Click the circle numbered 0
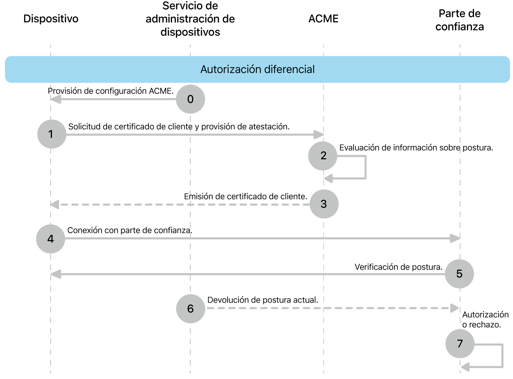click(190, 99)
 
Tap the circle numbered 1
click(52, 134)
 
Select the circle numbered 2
click(323, 156)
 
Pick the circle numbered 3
click(324, 204)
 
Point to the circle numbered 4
click(50, 239)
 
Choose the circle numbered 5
click(459, 274)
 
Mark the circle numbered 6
click(191, 309)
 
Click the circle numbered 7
click(459, 344)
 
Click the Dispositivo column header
click(51, 19)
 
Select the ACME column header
click(323, 19)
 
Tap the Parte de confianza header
click(459, 20)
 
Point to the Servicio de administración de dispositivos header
click(190, 19)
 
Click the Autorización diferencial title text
click(257, 69)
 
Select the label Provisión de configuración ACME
click(111, 91)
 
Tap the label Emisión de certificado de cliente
click(245, 196)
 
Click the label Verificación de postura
click(398, 267)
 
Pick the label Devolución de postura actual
click(263, 300)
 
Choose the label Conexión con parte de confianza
click(130, 230)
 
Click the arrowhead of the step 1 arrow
click(319, 135)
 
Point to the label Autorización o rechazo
click(485, 320)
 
